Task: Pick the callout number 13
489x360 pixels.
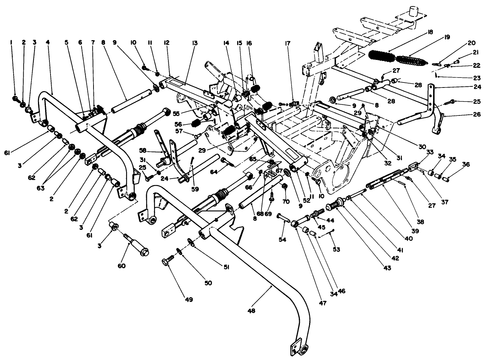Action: coord(195,43)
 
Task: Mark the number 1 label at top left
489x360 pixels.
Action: coord(11,42)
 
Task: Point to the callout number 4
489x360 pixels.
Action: coord(48,42)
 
